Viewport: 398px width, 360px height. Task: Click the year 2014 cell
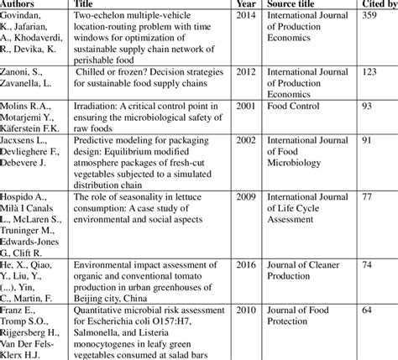[247, 17]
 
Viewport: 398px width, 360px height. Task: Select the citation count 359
[370, 17]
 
